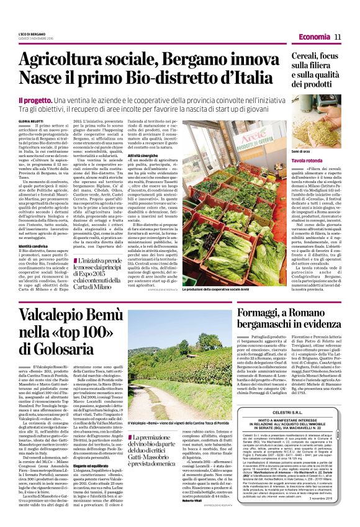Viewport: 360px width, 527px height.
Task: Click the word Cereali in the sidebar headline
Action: pos(292,55)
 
